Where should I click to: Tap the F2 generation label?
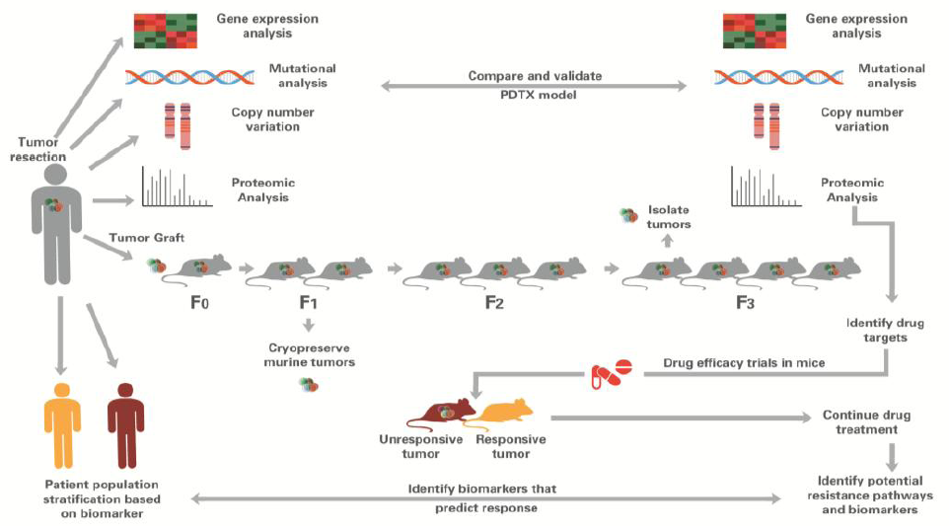pyautogui.click(x=494, y=303)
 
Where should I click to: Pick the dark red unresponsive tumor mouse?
pyautogui.click(x=436, y=411)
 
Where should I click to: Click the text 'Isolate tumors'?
pyautogui.click(x=669, y=217)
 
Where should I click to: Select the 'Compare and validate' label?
pyautogui.click(x=535, y=75)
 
